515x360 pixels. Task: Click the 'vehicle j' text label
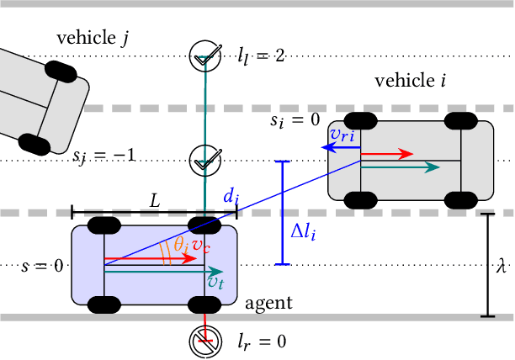[92, 37]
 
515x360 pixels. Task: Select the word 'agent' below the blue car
[268, 303]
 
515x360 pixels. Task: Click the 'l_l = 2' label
[261, 56]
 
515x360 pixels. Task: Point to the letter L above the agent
[154, 200]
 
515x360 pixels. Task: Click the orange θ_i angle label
[180, 244]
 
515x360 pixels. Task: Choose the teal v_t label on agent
[215, 283]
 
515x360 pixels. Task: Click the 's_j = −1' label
[104, 156]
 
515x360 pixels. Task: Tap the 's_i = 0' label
[295, 120]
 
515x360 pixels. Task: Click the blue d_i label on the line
[231, 197]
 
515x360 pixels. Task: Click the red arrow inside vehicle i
[388, 155]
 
